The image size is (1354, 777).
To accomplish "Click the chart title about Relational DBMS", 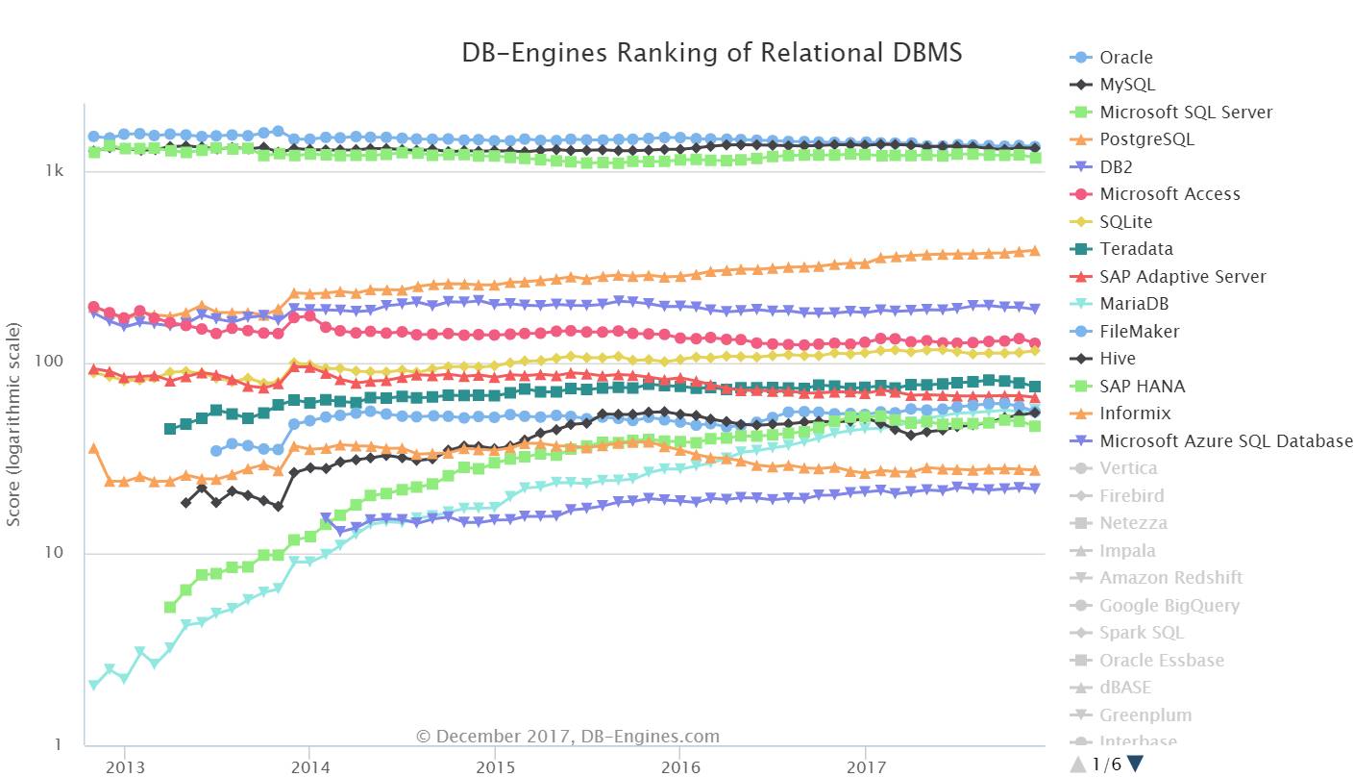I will [712, 52].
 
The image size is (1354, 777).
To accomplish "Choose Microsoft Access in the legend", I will [1169, 194].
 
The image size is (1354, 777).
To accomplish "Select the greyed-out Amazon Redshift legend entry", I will [1170, 578].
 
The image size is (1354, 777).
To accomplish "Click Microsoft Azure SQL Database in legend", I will [1225, 441].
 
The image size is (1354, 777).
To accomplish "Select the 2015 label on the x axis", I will [494, 767].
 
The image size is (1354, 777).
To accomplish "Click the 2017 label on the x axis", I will [865, 767].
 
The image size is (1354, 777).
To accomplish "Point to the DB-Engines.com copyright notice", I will [567, 737].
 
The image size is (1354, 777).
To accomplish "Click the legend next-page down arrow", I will [1136, 764].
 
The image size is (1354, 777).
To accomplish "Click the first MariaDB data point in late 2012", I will [93, 686].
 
